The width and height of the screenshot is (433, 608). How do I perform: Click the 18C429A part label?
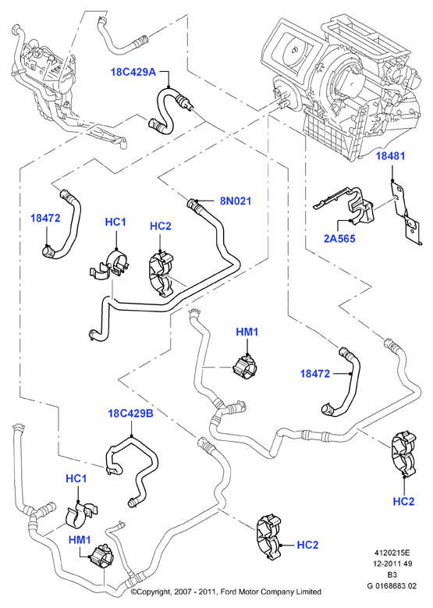coord(133,72)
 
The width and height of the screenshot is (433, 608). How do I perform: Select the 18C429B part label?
coord(130,414)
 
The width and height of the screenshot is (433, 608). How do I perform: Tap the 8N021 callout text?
coord(236,201)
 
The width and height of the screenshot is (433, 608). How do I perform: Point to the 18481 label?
coord(390,156)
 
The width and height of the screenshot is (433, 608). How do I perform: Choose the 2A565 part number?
coord(339,239)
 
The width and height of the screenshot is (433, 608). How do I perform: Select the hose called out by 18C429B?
coord(132,470)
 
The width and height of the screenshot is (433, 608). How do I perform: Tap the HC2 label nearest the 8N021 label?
coord(161,226)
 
